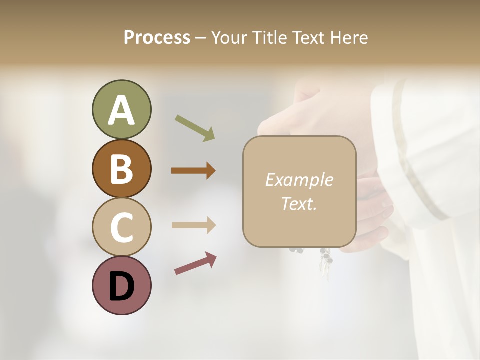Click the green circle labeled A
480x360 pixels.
click(121, 109)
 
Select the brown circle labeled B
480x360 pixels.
click(121, 168)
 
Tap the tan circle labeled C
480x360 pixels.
click(121, 227)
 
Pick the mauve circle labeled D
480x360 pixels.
click(121, 285)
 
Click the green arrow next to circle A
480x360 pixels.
click(195, 128)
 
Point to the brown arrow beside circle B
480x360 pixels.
click(193, 171)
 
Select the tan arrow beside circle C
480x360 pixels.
click(193, 225)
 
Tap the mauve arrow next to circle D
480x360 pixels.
click(195, 263)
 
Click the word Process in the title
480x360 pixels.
click(157, 37)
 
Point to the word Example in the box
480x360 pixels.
click(299, 180)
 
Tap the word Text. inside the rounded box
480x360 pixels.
click(299, 203)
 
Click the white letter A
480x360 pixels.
click(121, 110)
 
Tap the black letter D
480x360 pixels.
click(121, 287)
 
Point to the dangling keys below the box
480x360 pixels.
click(326, 260)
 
